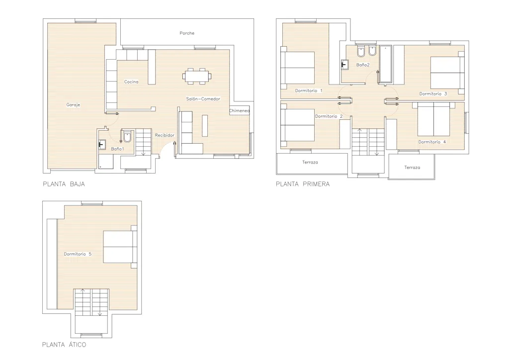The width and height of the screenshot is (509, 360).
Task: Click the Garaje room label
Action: pyautogui.click(x=73, y=105)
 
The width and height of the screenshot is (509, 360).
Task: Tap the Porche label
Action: pyautogui.click(x=187, y=33)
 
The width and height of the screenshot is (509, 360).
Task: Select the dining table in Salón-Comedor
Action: pyautogui.click(x=197, y=76)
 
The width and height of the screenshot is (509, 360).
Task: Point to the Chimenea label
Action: pyautogui.click(x=239, y=111)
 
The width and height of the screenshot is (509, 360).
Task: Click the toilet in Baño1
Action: pyautogui.click(x=127, y=136)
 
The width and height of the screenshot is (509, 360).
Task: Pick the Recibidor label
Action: pyautogui.click(x=165, y=135)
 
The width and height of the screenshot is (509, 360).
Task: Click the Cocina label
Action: pyautogui.click(x=131, y=82)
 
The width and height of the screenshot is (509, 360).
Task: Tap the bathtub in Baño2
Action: pyautogui.click(x=385, y=64)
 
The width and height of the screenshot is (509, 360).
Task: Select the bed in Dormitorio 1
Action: pyautogui.click(x=298, y=68)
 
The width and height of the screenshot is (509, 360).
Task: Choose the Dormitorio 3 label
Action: pyautogui.click(x=433, y=94)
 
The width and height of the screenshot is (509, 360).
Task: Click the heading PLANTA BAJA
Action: pyautogui.click(x=64, y=184)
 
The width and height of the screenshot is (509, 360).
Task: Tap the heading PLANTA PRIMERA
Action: pyautogui.click(x=303, y=184)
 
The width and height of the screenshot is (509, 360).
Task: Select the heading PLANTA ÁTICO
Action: pyautogui.click(x=64, y=345)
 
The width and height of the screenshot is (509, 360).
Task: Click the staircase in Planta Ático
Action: pyautogui.click(x=91, y=302)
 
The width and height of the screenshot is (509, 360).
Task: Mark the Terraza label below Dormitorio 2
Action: pyautogui.click(x=310, y=162)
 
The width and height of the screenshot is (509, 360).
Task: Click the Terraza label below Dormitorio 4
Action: pyautogui.click(x=412, y=168)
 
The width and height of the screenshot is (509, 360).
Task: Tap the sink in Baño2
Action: pyautogui.click(x=345, y=65)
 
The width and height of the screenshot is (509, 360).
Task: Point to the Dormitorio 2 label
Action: pyautogui.click(x=329, y=116)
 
